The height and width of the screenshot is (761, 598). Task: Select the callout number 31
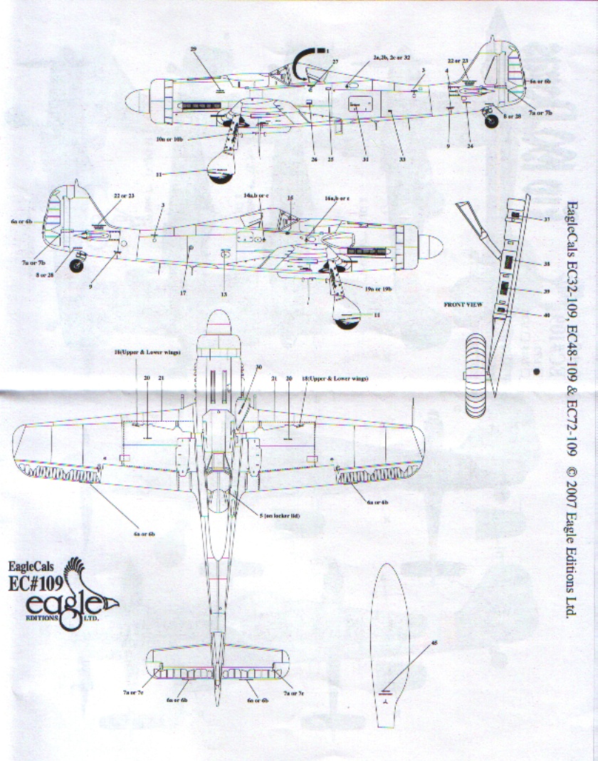point(365,160)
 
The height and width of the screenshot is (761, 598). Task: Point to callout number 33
point(402,160)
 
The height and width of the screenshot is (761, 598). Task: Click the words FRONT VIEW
point(463,304)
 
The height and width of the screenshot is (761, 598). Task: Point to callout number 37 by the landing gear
point(547,219)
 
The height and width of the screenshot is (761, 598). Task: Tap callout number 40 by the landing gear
point(547,314)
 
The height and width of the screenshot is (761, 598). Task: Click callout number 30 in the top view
point(258,366)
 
